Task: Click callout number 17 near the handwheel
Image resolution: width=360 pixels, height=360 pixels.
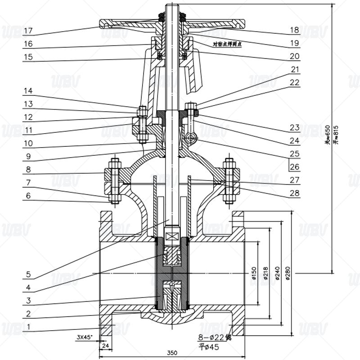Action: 28,31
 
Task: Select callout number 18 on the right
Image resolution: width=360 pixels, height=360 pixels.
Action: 294,31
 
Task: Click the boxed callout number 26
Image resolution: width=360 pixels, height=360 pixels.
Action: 294,167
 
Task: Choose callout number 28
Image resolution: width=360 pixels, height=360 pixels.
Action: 294,193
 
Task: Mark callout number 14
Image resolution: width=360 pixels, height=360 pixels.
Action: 28,91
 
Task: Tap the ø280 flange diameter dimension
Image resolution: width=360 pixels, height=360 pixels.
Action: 288,274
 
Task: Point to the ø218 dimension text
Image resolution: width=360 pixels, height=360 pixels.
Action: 265,274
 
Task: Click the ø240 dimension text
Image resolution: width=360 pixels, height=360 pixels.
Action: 277,274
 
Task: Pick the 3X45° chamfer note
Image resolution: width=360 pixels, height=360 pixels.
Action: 84,337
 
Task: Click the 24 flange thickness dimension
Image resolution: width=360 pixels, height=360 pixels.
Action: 106,346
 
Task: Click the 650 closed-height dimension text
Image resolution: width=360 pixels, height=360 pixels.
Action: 328,135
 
